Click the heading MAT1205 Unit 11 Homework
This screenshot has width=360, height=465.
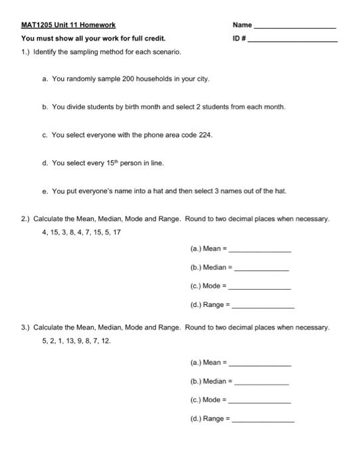64,25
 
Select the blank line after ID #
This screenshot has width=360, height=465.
292,41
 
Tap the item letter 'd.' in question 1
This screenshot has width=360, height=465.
45,162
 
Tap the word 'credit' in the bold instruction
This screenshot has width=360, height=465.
153,39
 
